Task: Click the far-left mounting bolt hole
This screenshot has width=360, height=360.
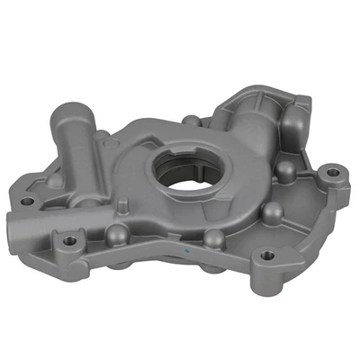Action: [27, 200]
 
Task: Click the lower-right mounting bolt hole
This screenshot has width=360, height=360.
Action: [268, 255]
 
